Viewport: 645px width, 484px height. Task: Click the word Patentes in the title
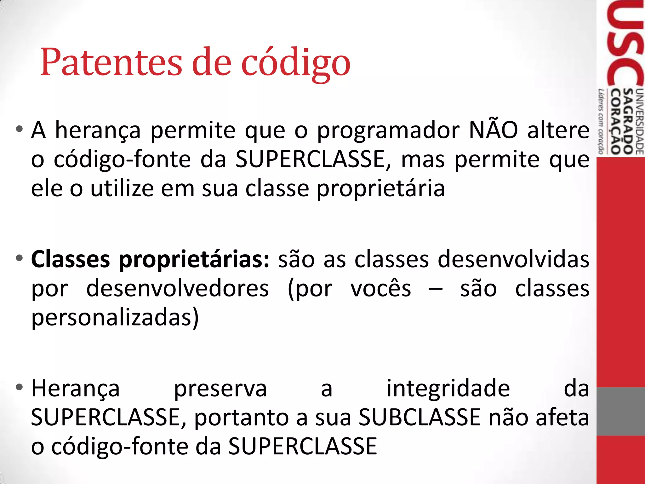[111, 62]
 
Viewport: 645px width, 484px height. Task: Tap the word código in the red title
[296, 63]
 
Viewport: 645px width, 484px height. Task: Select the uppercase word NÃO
[493, 130]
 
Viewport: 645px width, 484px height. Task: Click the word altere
[558, 130]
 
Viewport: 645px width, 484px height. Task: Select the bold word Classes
[71, 259]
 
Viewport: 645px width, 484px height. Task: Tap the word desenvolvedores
[178, 288]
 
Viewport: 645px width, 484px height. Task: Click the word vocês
[381, 288]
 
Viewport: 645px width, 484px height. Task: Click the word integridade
[448, 388]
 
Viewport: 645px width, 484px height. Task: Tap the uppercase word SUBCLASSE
[420, 417]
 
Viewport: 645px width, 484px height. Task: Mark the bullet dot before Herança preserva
[20, 387]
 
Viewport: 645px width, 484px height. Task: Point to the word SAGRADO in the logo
[628, 121]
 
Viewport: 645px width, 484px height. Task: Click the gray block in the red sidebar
[620, 411]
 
